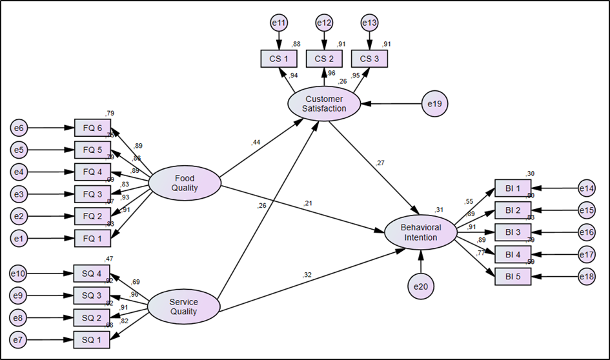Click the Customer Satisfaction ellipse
click(x=325, y=103)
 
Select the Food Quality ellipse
click(x=185, y=183)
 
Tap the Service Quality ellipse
click(x=183, y=306)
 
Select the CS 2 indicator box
click(x=324, y=59)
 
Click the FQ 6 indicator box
click(x=92, y=128)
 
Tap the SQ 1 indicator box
click(x=92, y=340)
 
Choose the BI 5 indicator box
click(x=513, y=276)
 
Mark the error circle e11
click(x=279, y=23)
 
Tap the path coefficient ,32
click(x=307, y=276)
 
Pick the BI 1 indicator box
click(x=513, y=188)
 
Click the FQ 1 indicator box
click(x=92, y=238)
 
